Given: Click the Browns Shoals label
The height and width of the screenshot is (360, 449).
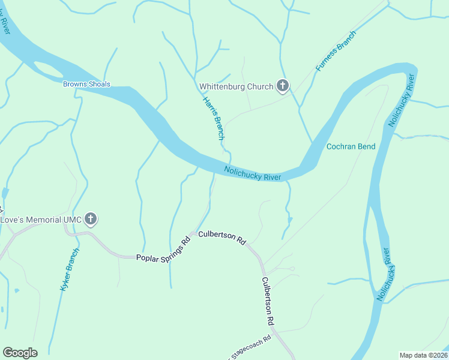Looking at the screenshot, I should pyautogui.click(x=86, y=84).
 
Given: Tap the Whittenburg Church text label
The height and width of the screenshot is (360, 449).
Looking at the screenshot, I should pyautogui.click(x=236, y=87).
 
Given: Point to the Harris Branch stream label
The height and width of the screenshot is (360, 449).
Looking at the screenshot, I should pyautogui.click(x=213, y=119).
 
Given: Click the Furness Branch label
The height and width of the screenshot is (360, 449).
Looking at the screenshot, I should pyautogui.click(x=336, y=51).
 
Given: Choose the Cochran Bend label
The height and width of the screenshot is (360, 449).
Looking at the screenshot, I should pyautogui.click(x=351, y=146).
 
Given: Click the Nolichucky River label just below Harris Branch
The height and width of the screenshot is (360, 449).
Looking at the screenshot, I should pyautogui.click(x=253, y=173).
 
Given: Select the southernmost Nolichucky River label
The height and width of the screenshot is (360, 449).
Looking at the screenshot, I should pyautogui.click(x=384, y=274).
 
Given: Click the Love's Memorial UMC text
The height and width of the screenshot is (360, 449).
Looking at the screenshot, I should pyautogui.click(x=40, y=220).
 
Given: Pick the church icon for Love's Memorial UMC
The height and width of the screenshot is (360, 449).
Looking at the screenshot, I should pyautogui.click(x=91, y=219).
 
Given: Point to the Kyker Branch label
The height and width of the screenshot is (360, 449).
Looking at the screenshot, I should pyautogui.click(x=70, y=270).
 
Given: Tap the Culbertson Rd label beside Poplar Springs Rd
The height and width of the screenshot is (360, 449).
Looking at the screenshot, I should pyautogui.click(x=222, y=237).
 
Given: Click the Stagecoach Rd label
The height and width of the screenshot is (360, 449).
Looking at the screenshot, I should pyautogui.click(x=251, y=347).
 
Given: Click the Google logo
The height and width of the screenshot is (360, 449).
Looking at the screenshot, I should pyautogui.click(x=20, y=353).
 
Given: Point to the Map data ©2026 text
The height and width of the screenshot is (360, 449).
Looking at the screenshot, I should pyautogui.click(x=423, y=355).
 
